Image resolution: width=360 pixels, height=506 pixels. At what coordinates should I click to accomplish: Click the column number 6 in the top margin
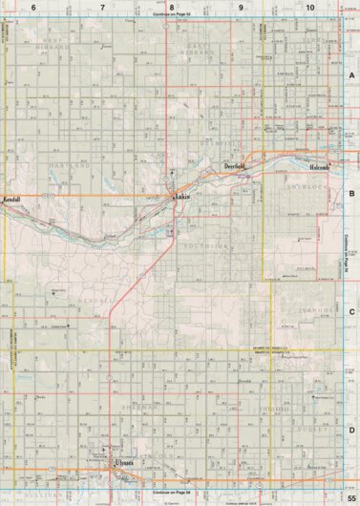pos(33,7)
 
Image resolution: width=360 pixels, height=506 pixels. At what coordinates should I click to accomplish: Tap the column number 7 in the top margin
pos(102,7)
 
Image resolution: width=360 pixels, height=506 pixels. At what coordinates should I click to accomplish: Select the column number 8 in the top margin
pos(171,7)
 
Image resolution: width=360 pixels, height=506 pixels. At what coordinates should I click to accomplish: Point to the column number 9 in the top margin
pos(241,7)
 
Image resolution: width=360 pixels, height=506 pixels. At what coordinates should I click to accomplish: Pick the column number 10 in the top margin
pos(310,7)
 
